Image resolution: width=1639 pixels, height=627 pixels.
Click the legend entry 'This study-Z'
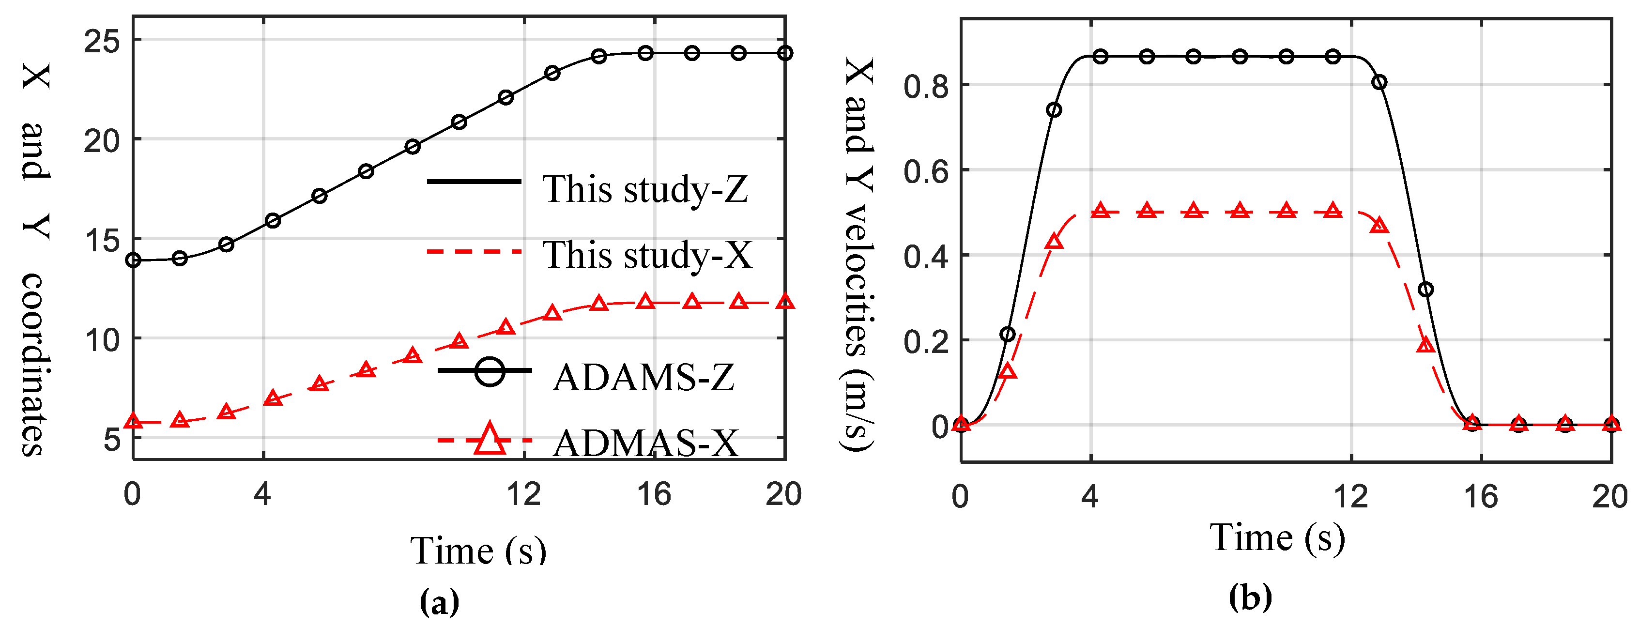coord(644,189)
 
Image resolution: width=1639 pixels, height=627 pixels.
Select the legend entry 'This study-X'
coord(647,255)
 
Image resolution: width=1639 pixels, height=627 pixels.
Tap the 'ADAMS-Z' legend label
coord(643,377)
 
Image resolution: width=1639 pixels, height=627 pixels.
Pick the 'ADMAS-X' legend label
coord(645,443)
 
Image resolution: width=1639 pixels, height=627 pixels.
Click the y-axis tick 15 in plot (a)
coord(102,241)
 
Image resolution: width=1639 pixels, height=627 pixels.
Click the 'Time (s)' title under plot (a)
coord(478,550)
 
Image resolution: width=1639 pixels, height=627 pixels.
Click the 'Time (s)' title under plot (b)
coord(1277,538)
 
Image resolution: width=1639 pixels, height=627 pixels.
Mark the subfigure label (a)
coord(439,601)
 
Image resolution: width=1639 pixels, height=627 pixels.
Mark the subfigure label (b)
coord(1250,596)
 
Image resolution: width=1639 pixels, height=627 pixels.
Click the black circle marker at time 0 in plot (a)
coord(134,260)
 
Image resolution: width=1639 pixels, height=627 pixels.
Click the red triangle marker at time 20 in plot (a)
coord(785,302)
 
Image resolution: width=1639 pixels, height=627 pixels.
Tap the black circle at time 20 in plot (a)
coord(785,53)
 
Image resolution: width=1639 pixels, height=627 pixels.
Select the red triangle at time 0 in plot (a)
coord(134,421)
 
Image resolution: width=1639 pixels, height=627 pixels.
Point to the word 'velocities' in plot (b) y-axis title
coord(859,280)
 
